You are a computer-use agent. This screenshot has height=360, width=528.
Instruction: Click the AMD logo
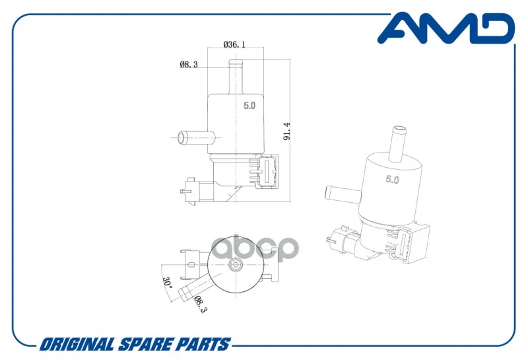coord(446,28)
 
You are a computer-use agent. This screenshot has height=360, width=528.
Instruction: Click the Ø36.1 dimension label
coord(235,44)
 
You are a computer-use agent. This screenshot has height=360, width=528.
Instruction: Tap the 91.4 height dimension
coord(286,131)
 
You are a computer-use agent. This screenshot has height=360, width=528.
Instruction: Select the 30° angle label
coord(168,282)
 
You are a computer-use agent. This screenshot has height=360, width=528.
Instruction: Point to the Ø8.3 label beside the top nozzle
coord(189,64)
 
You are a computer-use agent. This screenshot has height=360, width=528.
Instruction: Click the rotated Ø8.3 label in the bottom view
coord(200,304)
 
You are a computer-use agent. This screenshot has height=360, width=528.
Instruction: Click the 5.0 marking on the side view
coord(249,106)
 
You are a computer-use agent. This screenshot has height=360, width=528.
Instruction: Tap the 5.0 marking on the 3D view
coord(392,179)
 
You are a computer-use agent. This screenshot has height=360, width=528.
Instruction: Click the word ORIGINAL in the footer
coord(77,345)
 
